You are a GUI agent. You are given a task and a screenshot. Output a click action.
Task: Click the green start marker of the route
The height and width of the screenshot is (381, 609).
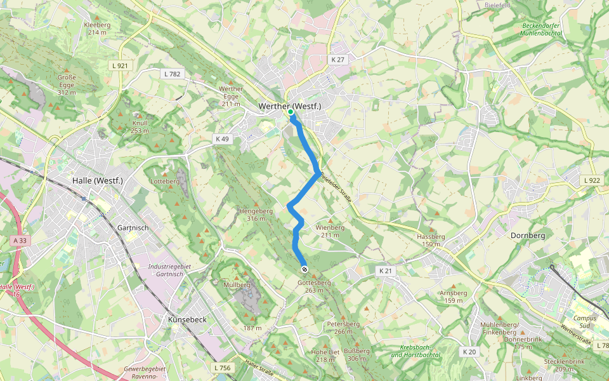click(x=290, y=112)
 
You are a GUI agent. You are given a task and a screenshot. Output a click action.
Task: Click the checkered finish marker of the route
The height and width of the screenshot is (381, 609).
click(x=304, y=269)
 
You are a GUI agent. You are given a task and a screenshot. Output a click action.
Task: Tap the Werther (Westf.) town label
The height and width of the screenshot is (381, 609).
click(x=290, y=106)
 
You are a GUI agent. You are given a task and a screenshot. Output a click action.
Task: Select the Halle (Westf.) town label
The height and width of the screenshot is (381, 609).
click(x=97, y=180)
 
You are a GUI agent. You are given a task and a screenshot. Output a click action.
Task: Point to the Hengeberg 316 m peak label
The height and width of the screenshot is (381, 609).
click(x=256, y=215)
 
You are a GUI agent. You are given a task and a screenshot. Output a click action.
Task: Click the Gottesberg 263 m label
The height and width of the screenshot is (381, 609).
click(x=313, y=286)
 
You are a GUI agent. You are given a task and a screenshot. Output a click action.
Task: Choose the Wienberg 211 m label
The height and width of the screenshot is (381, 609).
click(x=330, y=231)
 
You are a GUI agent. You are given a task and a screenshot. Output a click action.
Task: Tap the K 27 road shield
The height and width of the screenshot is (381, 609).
click(x=337, y=59)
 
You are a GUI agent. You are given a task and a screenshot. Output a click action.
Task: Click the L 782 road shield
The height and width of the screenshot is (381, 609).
click(x=171, y=74)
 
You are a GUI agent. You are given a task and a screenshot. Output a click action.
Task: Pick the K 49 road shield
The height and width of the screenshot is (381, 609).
click(x=222, y=138)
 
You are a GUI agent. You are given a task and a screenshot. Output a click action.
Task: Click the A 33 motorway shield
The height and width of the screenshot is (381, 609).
click(x=20, y=240)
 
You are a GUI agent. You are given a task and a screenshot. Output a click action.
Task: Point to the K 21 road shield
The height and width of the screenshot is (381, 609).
click(x=386, y=271)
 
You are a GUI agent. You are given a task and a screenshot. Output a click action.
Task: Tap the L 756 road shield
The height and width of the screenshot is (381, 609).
click(x=223, y=368)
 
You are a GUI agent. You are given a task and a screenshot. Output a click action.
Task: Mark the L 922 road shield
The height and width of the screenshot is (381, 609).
click(x=591, y=181)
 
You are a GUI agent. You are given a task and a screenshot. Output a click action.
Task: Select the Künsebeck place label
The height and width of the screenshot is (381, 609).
click(x=187, y=319)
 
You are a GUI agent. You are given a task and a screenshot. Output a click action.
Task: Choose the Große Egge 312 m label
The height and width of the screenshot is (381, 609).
click(x=67, y=84)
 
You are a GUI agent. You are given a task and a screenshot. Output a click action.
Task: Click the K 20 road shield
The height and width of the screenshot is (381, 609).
click(x=469, y=352)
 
